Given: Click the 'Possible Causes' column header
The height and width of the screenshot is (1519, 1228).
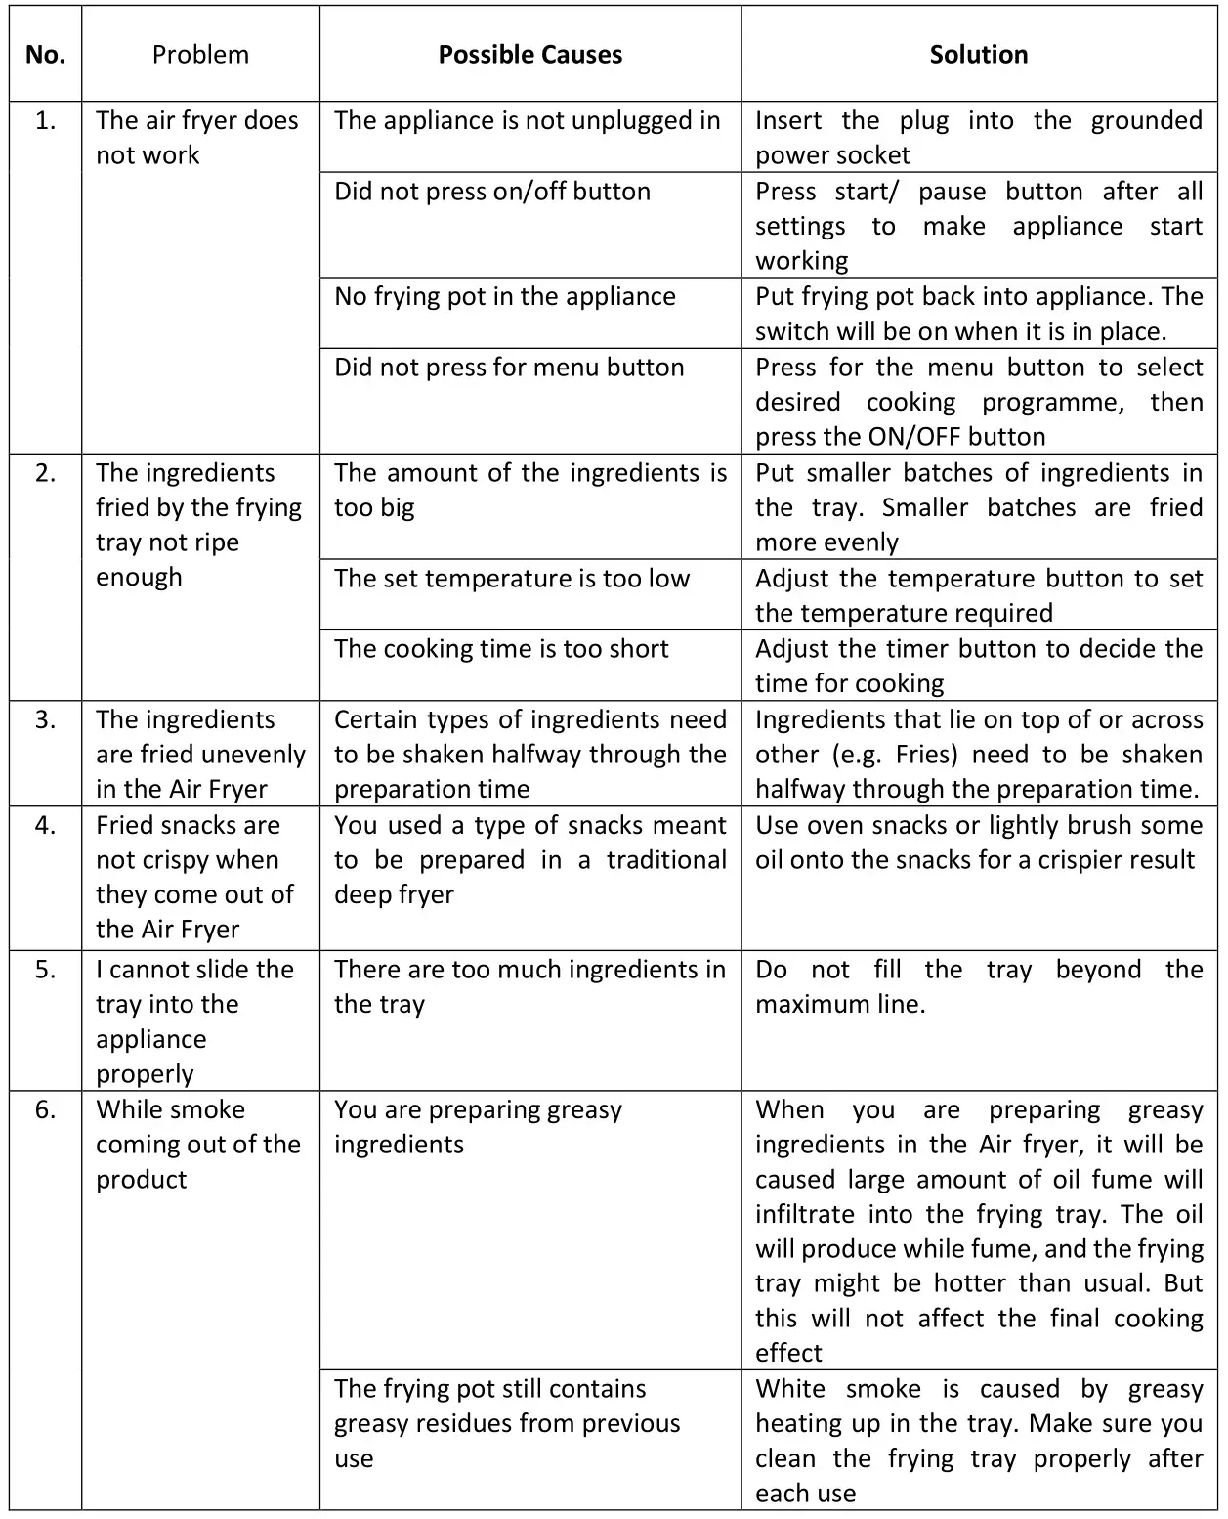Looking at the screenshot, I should tap(529, 55).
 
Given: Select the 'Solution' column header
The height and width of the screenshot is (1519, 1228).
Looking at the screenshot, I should tap(978, 55).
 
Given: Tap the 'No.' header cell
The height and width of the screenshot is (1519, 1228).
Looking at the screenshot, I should tap(45, 55).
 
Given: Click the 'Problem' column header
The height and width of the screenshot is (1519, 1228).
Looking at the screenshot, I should tap(200, 55).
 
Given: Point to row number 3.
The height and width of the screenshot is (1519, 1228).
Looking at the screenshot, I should tap(45, 720).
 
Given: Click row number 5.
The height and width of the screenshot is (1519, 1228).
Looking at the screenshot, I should tap(45, 970).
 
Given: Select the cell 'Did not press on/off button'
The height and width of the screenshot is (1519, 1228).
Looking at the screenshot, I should tap(491, 192).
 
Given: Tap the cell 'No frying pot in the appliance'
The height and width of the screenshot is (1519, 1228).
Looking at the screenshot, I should tap(504, 297).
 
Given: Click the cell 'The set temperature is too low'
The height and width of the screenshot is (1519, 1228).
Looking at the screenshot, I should tap(511, 579).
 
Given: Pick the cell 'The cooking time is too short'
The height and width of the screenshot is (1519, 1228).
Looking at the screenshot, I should tap(501, 649).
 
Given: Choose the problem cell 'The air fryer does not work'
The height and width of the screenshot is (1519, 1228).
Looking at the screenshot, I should tap(196, 138).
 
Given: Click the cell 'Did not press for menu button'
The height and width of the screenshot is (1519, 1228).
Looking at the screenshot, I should tap(509, 368).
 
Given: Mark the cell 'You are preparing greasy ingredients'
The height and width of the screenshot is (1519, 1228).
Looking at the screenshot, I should tap(478, 1127).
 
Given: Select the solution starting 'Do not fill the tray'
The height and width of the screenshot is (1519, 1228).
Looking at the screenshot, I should tap(978, 986).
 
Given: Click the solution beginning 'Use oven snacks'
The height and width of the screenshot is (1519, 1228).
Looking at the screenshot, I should tap(978, 843).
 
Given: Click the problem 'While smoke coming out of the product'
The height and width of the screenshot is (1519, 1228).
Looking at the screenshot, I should tap(197, 1145).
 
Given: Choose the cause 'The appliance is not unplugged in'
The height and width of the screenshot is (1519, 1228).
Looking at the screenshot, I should tap(527, 121).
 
